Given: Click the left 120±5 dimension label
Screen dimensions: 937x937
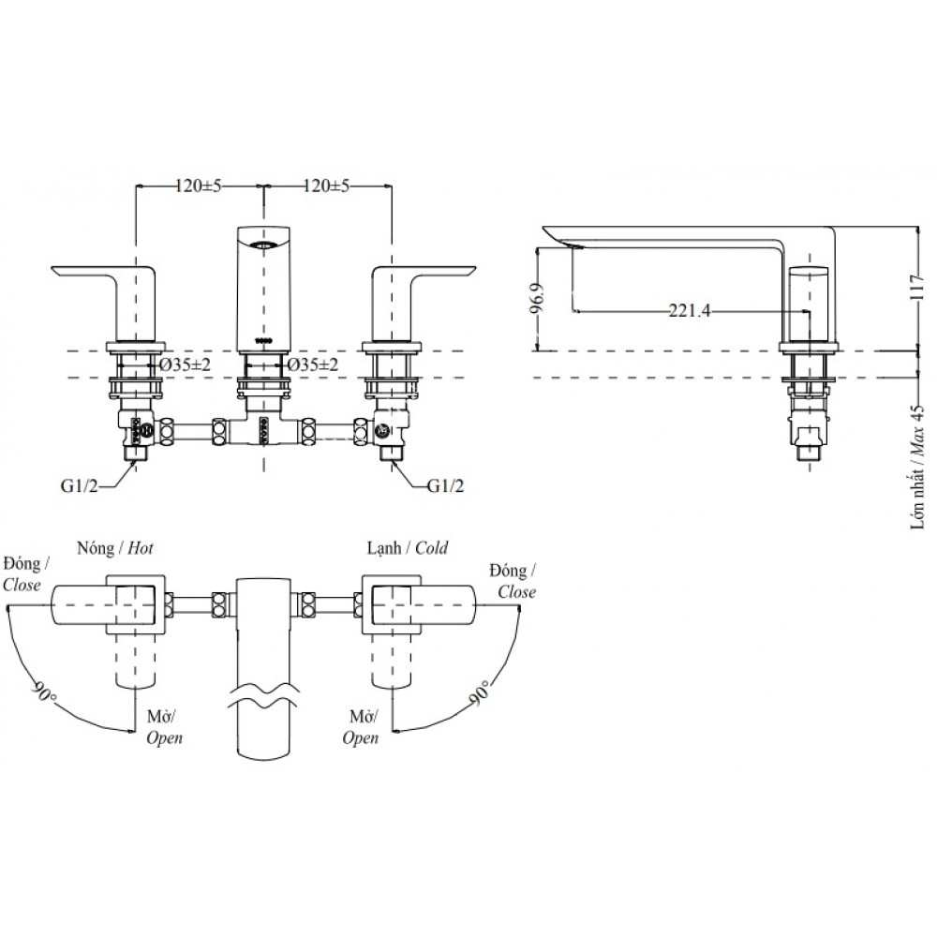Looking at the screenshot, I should (x=198, y=186).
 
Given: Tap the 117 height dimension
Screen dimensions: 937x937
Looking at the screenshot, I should (x=927, y=287).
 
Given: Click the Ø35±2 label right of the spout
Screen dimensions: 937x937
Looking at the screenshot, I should (x=313, y=364).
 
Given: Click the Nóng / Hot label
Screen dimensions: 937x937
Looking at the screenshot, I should (x=114, y=548).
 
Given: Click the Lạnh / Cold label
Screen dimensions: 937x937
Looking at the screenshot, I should (x=407, y=548).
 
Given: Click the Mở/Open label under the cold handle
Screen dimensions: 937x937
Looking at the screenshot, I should (x=361, y=727).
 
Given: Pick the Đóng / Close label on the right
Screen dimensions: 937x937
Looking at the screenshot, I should (x=516, y=581).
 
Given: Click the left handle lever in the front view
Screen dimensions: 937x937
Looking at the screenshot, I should (x=98, y=277).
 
